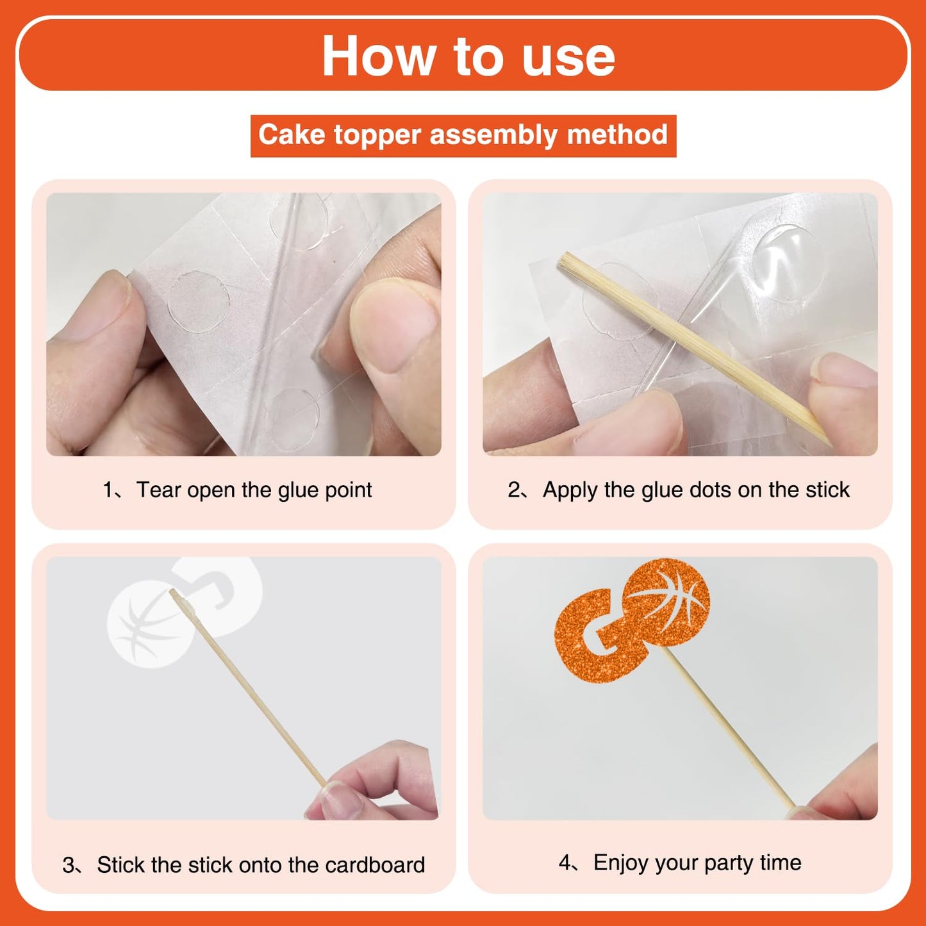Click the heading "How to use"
pos(468,56)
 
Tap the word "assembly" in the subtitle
pos(493,135)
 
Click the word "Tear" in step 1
pos(159,490)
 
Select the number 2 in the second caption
pos(514,490)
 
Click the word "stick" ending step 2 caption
pos(829,490)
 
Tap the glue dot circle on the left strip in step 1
pos(199,301)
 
